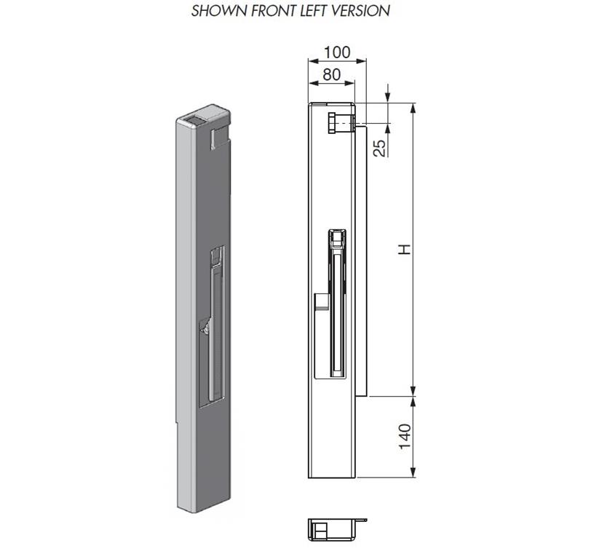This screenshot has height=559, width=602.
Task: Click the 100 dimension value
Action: [x=337, y=52]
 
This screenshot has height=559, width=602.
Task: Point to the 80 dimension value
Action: [x=332, y=74]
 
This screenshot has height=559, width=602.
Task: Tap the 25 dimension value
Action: [x=379, y=148]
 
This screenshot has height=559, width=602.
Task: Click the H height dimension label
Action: [x=404, y=249]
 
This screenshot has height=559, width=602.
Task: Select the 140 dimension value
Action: [x=405, y=436]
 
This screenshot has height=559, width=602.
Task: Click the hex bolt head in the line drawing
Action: [x=333, y=123]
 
